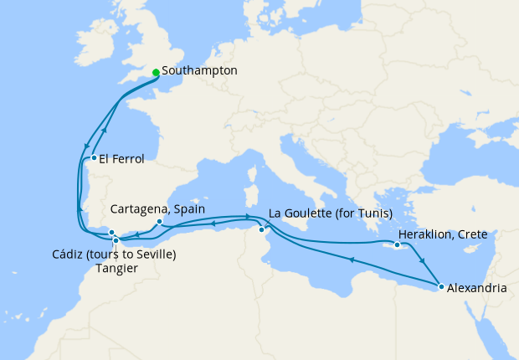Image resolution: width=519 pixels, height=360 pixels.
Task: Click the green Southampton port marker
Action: pos(157,72)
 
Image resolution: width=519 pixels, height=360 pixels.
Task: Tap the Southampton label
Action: pos(200,71)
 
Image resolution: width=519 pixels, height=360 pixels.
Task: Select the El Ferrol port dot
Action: pos(93,157)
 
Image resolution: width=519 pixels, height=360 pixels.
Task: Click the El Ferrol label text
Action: pos(122,158)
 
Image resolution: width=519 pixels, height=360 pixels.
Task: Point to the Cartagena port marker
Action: pos(159,223)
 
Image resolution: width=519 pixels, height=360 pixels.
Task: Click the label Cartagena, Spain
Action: pos(159,209)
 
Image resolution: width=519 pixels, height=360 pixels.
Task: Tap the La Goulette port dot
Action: pos(262,229)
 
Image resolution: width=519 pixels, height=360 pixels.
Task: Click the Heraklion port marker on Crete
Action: pos(397,245)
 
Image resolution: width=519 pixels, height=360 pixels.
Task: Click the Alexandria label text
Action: pos(477,288)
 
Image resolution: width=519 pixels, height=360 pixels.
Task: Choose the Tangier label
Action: pos(116,268)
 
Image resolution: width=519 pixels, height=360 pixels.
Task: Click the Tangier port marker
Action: pos(116,240)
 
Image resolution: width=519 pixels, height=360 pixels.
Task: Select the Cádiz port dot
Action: pos(111,233)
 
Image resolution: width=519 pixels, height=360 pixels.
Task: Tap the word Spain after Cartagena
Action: pos(190,209)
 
